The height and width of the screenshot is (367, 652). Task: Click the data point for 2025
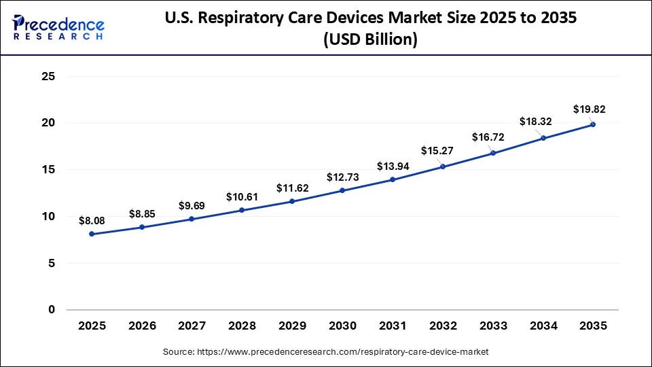click(92, 234)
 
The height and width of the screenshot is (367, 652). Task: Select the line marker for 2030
click(342, 190)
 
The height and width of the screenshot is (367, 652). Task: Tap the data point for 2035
click(592, 124)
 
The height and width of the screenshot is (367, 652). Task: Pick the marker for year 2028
click(242, 210)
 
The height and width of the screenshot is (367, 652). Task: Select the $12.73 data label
click(342, 177)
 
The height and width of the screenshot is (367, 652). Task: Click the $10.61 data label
click(242, 197)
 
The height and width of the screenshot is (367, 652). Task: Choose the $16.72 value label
click(488, 137)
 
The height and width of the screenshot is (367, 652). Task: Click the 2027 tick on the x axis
click(192, 326)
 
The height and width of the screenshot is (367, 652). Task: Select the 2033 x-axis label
click(492, 326)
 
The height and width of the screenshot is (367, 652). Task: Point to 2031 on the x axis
click(393, 326)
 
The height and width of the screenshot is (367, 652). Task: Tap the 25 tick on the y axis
click(48, 76)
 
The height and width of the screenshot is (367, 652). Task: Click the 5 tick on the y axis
click(52, 263)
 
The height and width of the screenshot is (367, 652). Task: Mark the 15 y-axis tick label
click(48, 170)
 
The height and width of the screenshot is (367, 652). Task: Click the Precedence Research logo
click(58, 28)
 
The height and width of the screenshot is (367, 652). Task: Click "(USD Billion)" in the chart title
click(370, 40)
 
